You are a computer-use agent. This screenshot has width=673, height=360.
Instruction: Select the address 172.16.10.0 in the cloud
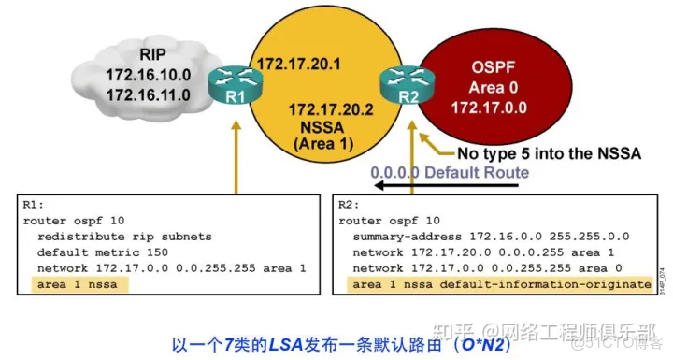click(149, 76)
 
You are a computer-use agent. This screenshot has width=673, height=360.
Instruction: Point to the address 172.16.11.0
click(149, 95)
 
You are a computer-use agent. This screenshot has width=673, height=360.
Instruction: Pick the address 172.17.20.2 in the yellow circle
click(331, 109)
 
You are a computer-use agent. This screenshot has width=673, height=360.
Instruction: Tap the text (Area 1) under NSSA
click(322, 145)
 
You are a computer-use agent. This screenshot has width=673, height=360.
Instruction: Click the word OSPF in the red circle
click(495, 70)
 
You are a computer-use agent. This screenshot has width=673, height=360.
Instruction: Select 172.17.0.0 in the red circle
click(495, 109)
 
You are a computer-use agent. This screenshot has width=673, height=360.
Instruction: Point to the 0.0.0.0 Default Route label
click(450, 173)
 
